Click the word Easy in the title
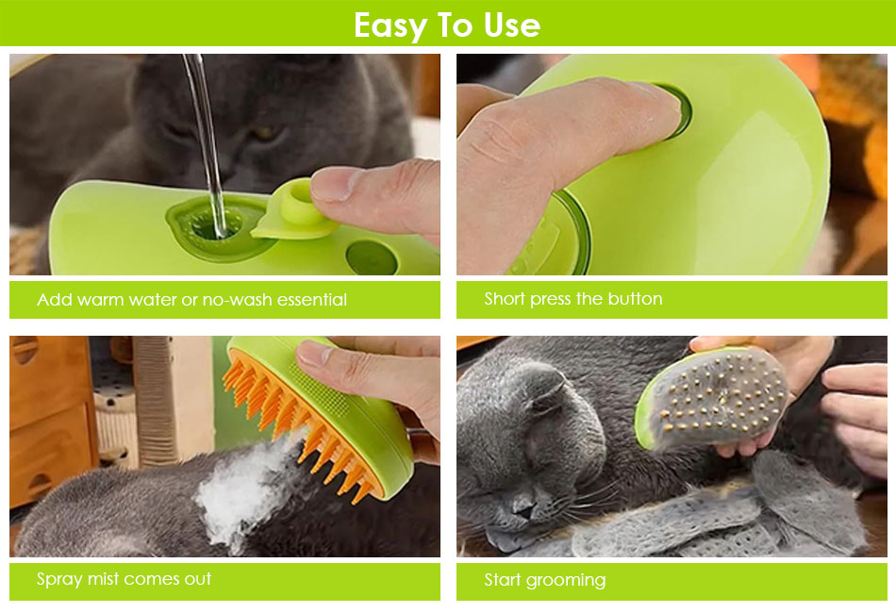point(390,25)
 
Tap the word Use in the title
point(511,25)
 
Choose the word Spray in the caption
point(59,580)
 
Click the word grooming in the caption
point(566,581)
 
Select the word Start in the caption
point(503,579)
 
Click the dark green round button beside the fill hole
point(372,257)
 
